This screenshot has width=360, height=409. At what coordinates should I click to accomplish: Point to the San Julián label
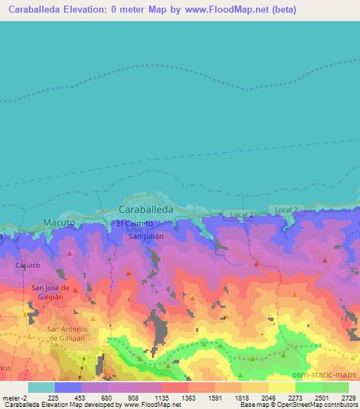146,236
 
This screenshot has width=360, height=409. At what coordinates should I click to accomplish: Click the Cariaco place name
29,266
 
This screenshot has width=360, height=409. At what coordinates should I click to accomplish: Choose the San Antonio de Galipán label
67,333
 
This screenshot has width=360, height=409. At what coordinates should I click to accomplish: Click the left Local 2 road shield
239,215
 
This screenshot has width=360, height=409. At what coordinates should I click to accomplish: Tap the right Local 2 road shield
286,210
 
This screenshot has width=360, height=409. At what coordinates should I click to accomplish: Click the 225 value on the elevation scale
53,397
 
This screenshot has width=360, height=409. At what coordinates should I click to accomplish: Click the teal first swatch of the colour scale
41,387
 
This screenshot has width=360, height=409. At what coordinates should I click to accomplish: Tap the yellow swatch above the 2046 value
255,387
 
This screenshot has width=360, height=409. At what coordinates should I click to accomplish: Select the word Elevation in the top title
105,10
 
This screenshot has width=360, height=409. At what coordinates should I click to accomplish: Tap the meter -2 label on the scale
14,397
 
